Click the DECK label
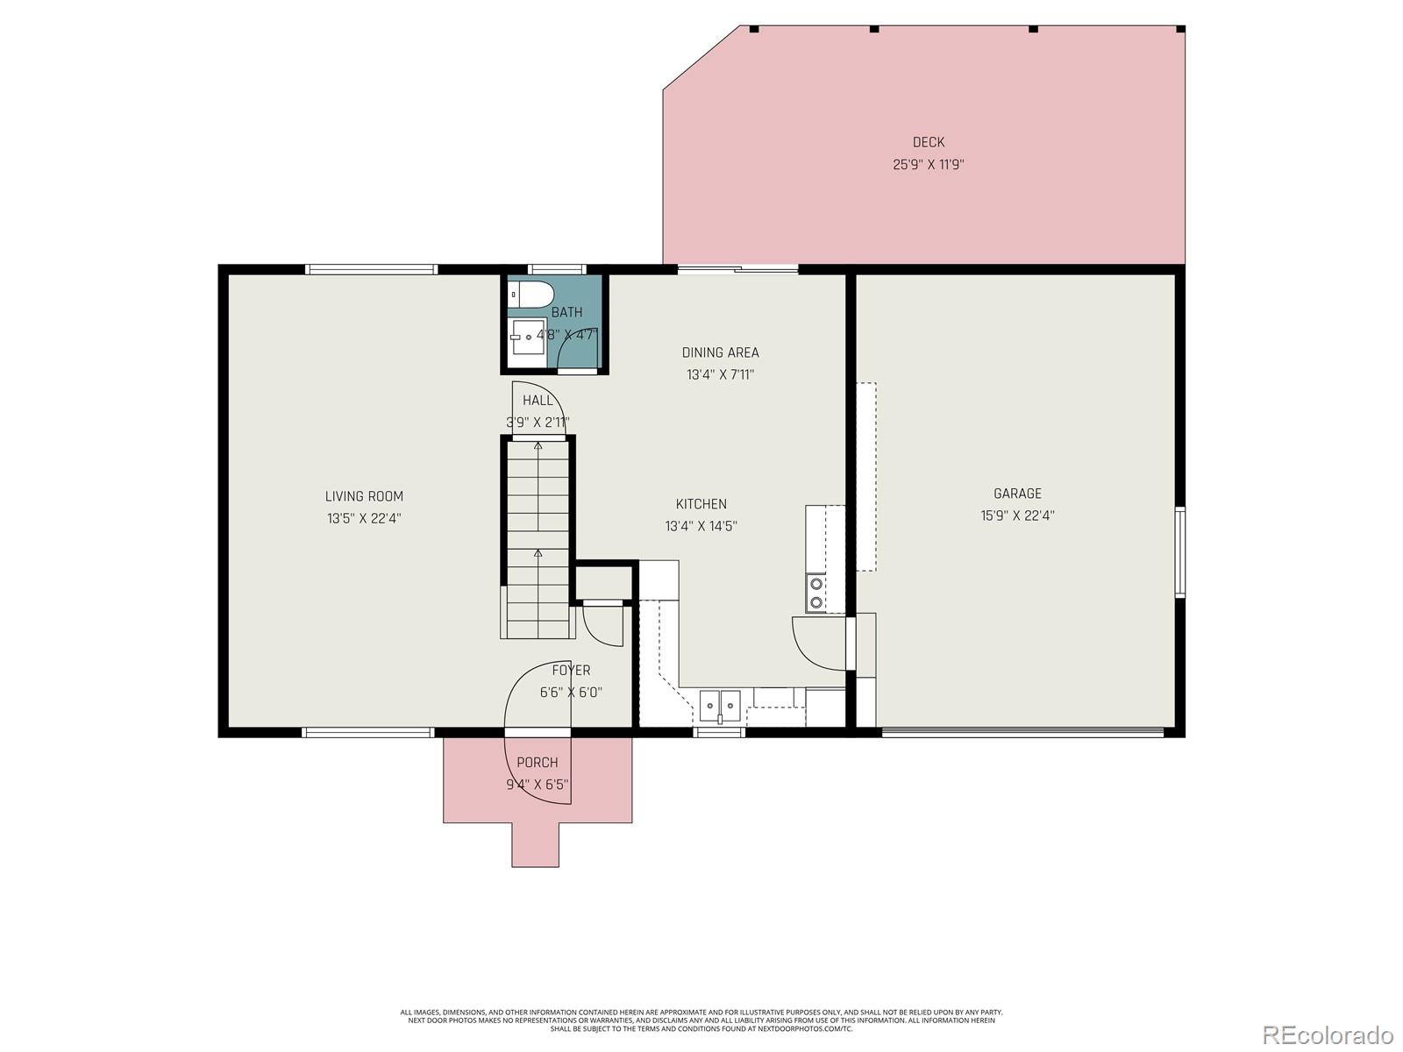point(929,142)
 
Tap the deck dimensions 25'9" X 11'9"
point(929,164)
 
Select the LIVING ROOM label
point(364,496)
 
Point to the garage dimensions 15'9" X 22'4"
point(1017,515)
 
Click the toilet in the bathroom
point(532,294)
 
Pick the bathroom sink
point(528,337)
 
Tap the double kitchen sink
point(720,703)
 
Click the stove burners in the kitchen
point(816,592)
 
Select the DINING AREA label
point(720,352)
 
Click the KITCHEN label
point(701,504)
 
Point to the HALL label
point(538,401)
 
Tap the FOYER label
point(571,671)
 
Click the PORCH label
point(537,763)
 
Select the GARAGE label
point(1017,494)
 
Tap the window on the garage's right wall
point(1180,552)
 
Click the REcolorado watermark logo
point(1328,1034)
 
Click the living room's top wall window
point(371,269)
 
